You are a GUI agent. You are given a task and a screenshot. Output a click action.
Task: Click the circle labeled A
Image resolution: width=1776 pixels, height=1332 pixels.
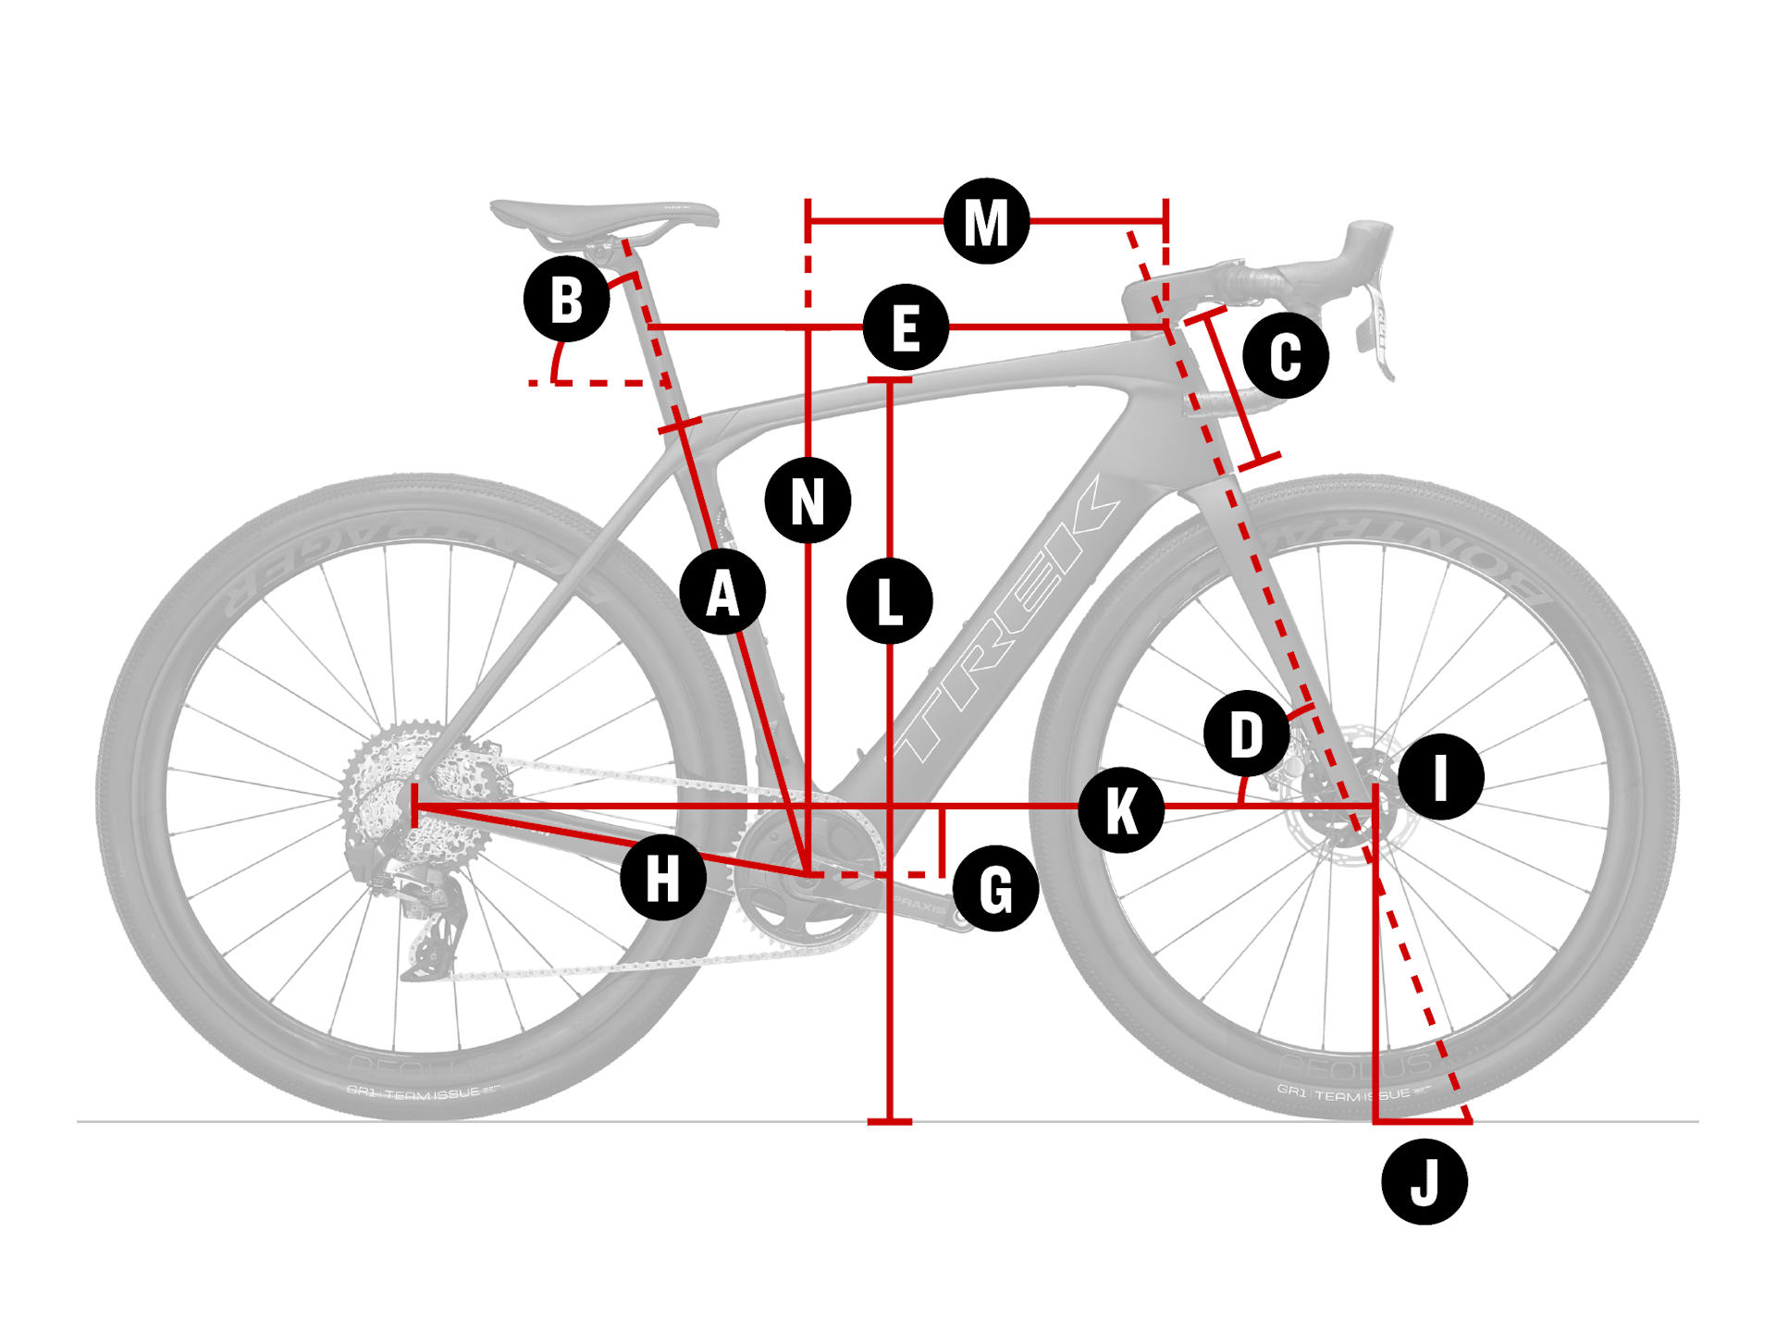722,592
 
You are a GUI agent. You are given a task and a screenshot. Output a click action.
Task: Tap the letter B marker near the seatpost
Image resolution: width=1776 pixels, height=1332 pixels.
566,299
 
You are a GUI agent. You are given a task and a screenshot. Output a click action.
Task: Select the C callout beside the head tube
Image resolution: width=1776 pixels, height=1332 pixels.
1286,355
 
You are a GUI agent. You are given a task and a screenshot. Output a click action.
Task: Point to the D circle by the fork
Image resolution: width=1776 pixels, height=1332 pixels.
1247,734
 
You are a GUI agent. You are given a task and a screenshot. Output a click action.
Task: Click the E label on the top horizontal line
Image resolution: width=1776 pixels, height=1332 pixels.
906,327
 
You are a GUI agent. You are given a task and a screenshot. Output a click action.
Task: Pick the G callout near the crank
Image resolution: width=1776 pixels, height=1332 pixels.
995,888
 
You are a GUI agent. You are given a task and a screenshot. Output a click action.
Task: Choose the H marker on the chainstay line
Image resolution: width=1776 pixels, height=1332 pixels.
663,877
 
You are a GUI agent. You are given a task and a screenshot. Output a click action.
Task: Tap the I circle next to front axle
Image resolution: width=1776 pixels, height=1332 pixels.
1440,777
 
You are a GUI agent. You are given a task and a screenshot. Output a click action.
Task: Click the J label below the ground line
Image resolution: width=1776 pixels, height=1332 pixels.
1424,1182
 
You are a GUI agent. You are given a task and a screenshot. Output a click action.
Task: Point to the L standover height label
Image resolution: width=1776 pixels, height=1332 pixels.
889,601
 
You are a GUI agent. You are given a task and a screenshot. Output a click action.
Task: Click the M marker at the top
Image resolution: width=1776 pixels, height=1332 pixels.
986,222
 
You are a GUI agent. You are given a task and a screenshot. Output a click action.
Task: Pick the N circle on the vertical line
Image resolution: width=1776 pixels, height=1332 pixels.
808,500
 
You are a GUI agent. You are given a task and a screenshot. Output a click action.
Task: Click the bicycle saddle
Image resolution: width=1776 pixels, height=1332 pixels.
601,217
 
